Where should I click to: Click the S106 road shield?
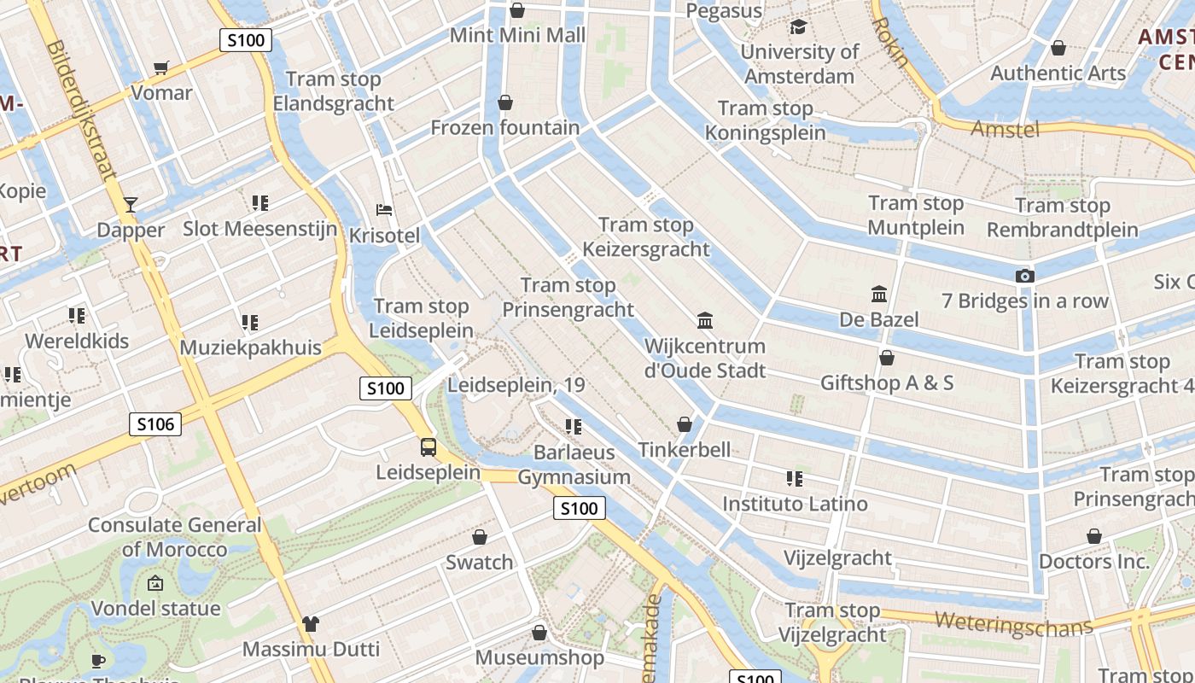(155, 423)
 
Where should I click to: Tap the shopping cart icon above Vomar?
(160, 67)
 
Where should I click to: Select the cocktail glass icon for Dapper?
(130, 204)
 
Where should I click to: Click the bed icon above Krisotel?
(384, 210)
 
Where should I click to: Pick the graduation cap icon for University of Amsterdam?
(798, 27)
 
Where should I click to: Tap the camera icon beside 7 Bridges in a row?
(1024, 276)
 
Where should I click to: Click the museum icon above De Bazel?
(878, 295)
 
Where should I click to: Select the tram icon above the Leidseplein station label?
(428, 447)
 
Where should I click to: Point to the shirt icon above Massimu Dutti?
(310, 624)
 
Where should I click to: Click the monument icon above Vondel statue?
(155, 584)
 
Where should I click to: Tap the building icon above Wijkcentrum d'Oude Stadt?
(705, 321)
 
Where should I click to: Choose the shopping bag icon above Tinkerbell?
(684, 424)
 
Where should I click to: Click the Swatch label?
(480, 562)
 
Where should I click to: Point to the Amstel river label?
(1006, 129)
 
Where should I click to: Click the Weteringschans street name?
(1013, 622)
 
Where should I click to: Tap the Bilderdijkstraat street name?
(83, 111)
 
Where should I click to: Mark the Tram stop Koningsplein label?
(766, 120)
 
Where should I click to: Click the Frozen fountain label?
(504, 128)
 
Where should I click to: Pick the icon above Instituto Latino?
(794, 479)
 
